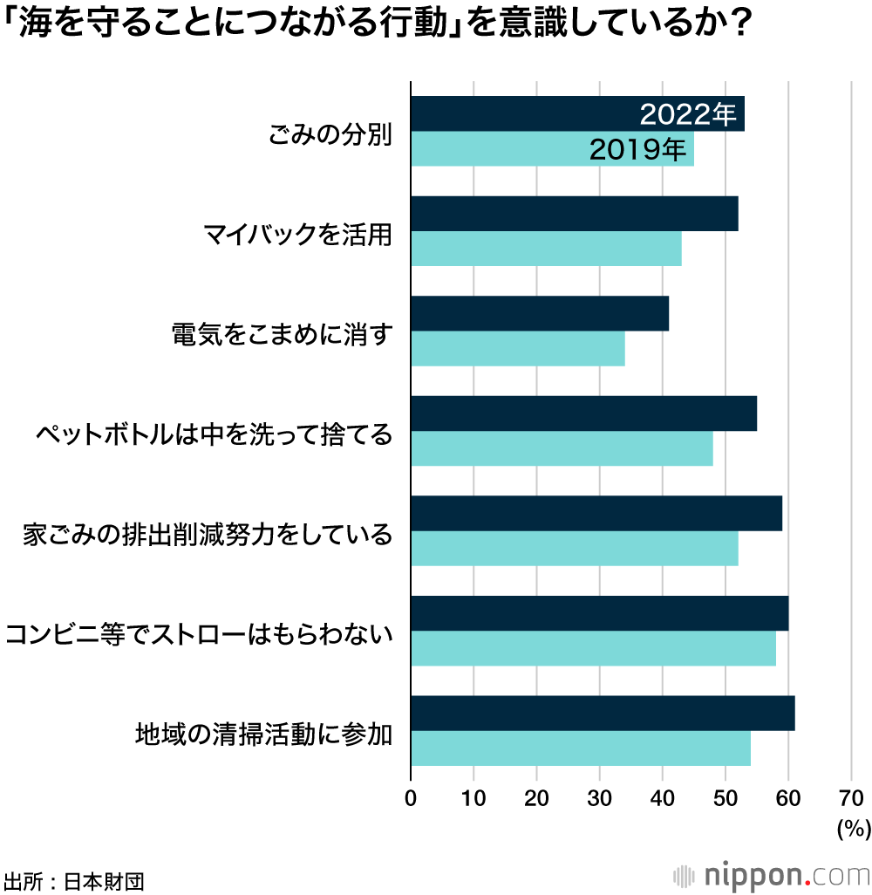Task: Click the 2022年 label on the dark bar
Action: tap(688, 114)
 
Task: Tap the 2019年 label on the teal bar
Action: tap(637, 149)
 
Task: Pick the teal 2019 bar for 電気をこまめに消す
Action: tap(517, 349)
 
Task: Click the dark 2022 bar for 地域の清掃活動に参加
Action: tap(602, 714)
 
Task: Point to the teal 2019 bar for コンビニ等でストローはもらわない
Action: tap(593, 648)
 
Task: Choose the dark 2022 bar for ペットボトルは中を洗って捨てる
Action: tap(583, 413)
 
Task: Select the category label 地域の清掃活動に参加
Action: tap(263, 733)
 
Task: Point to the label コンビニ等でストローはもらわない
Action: tap(199, 633)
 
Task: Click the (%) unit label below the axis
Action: tap(852, 829)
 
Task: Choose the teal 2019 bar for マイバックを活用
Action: tap(546, 249)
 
